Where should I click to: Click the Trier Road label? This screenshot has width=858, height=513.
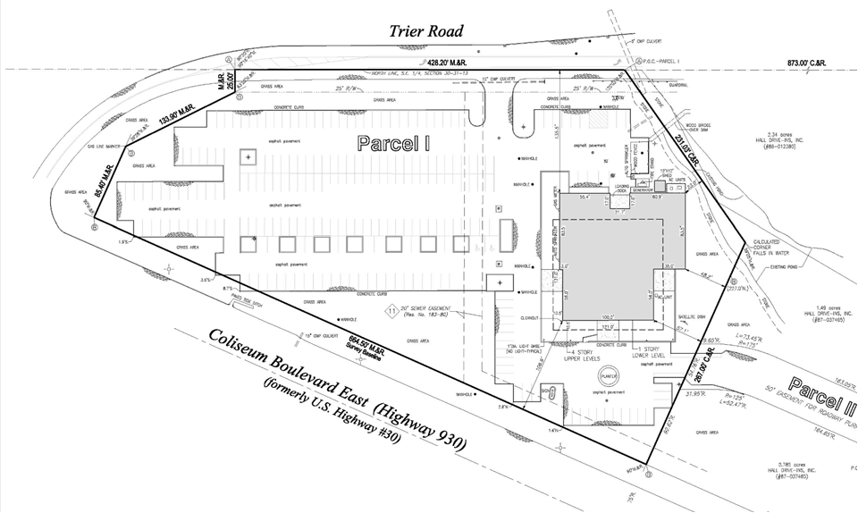point(426,31)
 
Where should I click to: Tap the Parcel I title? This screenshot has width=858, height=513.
point(392,143)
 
